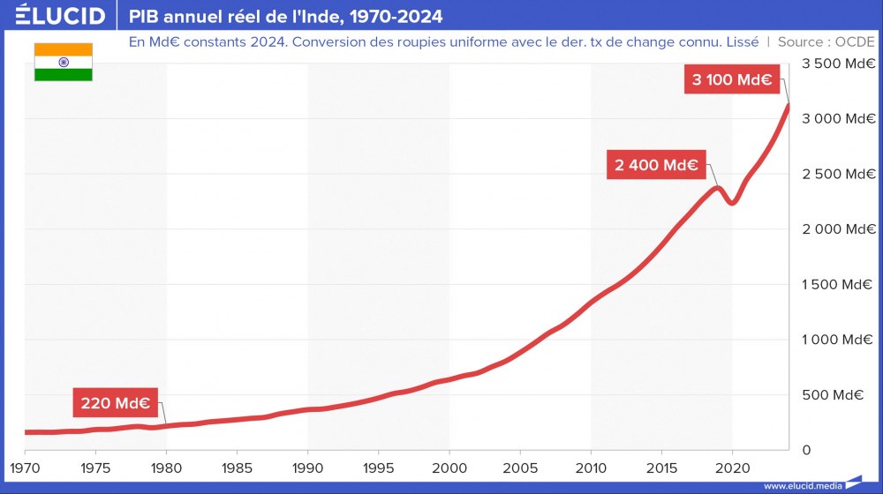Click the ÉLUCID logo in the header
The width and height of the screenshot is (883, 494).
pyautogui.click(x=61, y=16)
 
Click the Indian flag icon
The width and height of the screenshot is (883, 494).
pyautogui.click(x=64, y=63)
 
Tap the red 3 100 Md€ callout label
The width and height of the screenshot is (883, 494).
pyautogui.click(x=732, y=80)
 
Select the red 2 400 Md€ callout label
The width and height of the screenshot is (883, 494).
pyautogui.click(x=656, y=165)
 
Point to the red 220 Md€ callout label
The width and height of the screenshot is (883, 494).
pyautogui.click(x=115, y=404)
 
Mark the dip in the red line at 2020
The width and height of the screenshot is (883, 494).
pyautogui.click(x=732, y=203)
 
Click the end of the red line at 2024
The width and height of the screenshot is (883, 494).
pyautogui.click(x=788, y=106)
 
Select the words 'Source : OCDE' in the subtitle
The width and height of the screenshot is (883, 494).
pyautogui.click(x=826, y=41)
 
